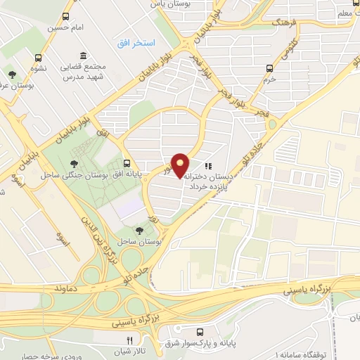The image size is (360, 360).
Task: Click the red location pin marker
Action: [x=181, y=165]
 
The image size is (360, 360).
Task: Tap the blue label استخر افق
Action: [x=130, y=44]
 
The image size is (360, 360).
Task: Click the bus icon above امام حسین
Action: [x=65, y=17]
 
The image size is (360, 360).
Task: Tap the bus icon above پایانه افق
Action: [x=127, y=161]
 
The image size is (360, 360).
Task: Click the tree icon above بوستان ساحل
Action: [x=140, y=230]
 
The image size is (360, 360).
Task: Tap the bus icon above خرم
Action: [x=269, y=68]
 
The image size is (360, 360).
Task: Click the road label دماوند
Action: [x=67, y=288]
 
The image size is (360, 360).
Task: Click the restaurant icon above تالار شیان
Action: [x=119, y=340]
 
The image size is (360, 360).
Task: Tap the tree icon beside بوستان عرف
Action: [x=11, y=73]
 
